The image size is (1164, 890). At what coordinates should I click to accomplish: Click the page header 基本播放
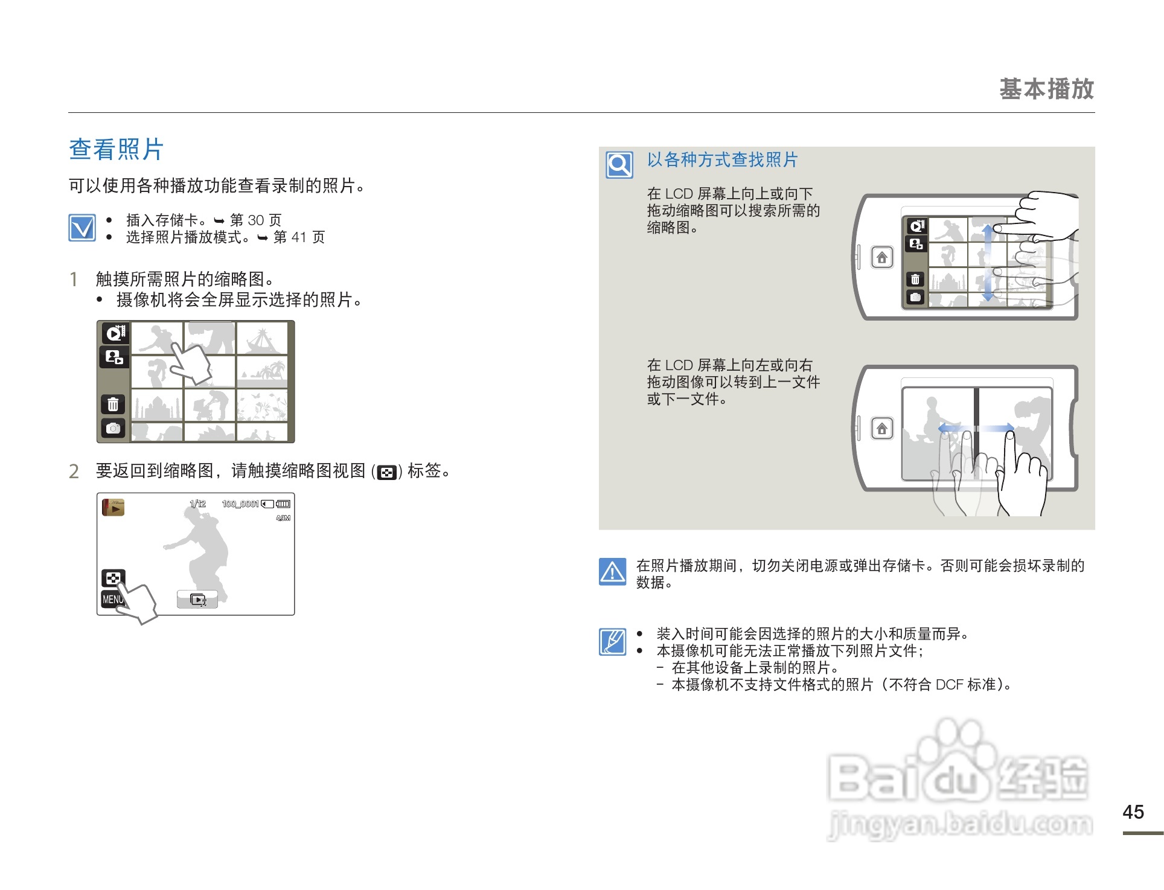[1046, 89]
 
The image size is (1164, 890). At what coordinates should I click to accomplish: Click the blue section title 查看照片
[116, 149]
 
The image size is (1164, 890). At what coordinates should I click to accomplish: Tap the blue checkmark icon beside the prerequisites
[82, 228]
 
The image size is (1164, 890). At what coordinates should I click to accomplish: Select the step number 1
[74, 279]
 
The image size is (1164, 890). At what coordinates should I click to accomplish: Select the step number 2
[74, 471]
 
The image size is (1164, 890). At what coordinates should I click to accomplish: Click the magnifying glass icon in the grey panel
[619, 164]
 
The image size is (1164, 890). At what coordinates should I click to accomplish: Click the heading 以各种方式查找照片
[722, 159]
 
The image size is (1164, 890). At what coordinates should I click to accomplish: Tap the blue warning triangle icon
[613, 571]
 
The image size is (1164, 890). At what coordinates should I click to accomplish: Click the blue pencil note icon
[613, 641]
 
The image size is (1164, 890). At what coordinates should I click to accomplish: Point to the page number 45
[1133, 812]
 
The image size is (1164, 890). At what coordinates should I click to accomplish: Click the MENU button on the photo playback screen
[112, 599]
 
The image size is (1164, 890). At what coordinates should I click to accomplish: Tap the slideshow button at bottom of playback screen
[197, 600]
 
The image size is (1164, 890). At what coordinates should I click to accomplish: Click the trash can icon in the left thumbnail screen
[113, 404]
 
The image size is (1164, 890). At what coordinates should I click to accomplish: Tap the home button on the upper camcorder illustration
[882, 258]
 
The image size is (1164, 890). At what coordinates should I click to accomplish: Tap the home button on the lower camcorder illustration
[882, 429]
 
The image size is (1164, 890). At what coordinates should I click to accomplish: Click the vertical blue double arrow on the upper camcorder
[987, 263]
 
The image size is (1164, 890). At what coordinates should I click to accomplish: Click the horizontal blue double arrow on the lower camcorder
[976, 428]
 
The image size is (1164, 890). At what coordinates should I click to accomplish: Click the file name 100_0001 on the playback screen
[240, 504]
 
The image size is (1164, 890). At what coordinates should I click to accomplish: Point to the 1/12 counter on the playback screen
[198, 504]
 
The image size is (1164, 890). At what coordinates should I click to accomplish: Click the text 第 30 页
[255, 220]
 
